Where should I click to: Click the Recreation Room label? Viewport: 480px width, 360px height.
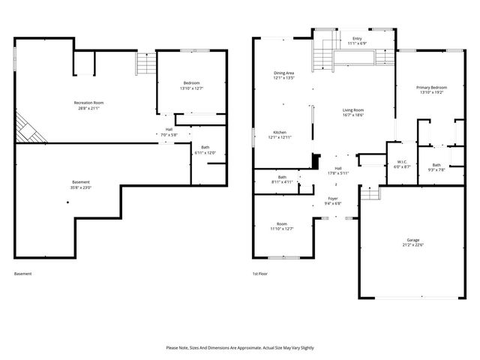pos(88,103)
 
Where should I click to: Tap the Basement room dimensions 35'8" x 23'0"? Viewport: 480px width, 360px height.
pos(81,187)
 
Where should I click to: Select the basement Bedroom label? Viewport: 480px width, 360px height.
pos(192,82)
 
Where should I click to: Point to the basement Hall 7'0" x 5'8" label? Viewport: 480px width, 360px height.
pos(169,132)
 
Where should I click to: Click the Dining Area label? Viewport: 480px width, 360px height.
pos(283,73)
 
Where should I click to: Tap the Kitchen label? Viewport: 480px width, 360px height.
pos(279,132)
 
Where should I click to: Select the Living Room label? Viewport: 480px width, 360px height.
pos(352,109)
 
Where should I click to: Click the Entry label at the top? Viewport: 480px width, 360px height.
pos(356,38)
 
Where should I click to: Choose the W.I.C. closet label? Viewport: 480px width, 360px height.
pos(402,163)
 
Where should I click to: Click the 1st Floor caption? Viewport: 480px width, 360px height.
pos(260,274)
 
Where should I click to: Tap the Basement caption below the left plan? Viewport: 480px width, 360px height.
pos(23,274)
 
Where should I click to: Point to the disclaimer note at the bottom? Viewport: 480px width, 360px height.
pos(240,348)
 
